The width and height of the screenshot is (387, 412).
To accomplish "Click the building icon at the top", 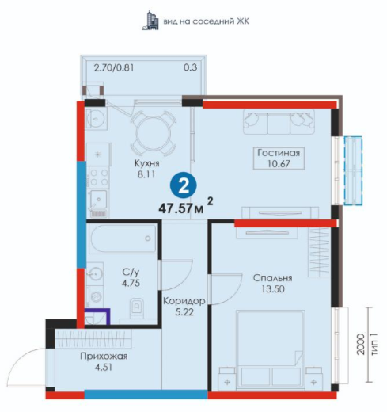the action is click(150, 20).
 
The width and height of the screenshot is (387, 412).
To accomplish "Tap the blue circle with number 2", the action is click(184, 186).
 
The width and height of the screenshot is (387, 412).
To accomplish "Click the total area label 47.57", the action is click(175, 208).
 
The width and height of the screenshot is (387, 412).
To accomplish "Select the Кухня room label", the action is click(147, 163).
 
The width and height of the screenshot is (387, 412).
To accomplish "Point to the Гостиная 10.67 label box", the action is click(279, 158).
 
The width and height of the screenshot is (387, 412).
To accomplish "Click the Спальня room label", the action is click(273, 278).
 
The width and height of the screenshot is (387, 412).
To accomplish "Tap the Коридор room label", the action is click(184, 301).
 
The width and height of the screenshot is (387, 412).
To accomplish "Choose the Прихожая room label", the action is click(104, 357).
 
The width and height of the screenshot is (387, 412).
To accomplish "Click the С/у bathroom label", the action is click(131, 272).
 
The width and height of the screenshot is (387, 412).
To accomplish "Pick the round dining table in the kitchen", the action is click(153, 133).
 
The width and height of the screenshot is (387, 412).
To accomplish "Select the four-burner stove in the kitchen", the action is click(98, 177).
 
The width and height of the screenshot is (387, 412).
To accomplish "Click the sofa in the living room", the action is click(279, 122).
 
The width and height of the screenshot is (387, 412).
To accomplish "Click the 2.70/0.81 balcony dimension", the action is click(114, 68).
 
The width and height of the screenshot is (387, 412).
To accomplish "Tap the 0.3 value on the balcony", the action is click(191, 67).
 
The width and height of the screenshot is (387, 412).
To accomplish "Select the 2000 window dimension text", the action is click(360, 345).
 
